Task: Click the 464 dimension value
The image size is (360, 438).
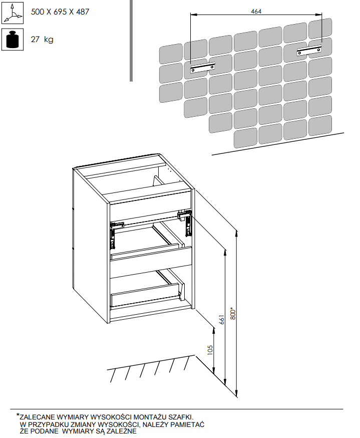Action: (x=256, y=11)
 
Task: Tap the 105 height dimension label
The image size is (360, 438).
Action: (x=210, y=350)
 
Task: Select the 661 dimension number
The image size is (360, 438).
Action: (x=222, y=320)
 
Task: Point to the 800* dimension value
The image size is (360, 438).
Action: (x=233, y=314)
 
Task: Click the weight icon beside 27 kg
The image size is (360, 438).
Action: (x=13, y=40)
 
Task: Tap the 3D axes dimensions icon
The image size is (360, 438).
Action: (x=13, y=13)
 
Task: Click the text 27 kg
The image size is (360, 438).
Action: (x=42, y=40)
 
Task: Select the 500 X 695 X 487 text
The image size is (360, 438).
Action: (x=60, y=12)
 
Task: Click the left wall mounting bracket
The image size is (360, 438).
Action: (x=203, y=68)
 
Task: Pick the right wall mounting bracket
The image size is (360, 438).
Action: (x=309, y=51)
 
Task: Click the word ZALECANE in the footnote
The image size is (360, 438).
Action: (x=38, y=417)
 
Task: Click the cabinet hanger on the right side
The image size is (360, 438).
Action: (x=186, y=222)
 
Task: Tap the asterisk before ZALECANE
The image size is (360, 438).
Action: (x=18, y=415)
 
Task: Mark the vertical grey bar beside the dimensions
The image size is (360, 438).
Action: (x=131, y=41)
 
